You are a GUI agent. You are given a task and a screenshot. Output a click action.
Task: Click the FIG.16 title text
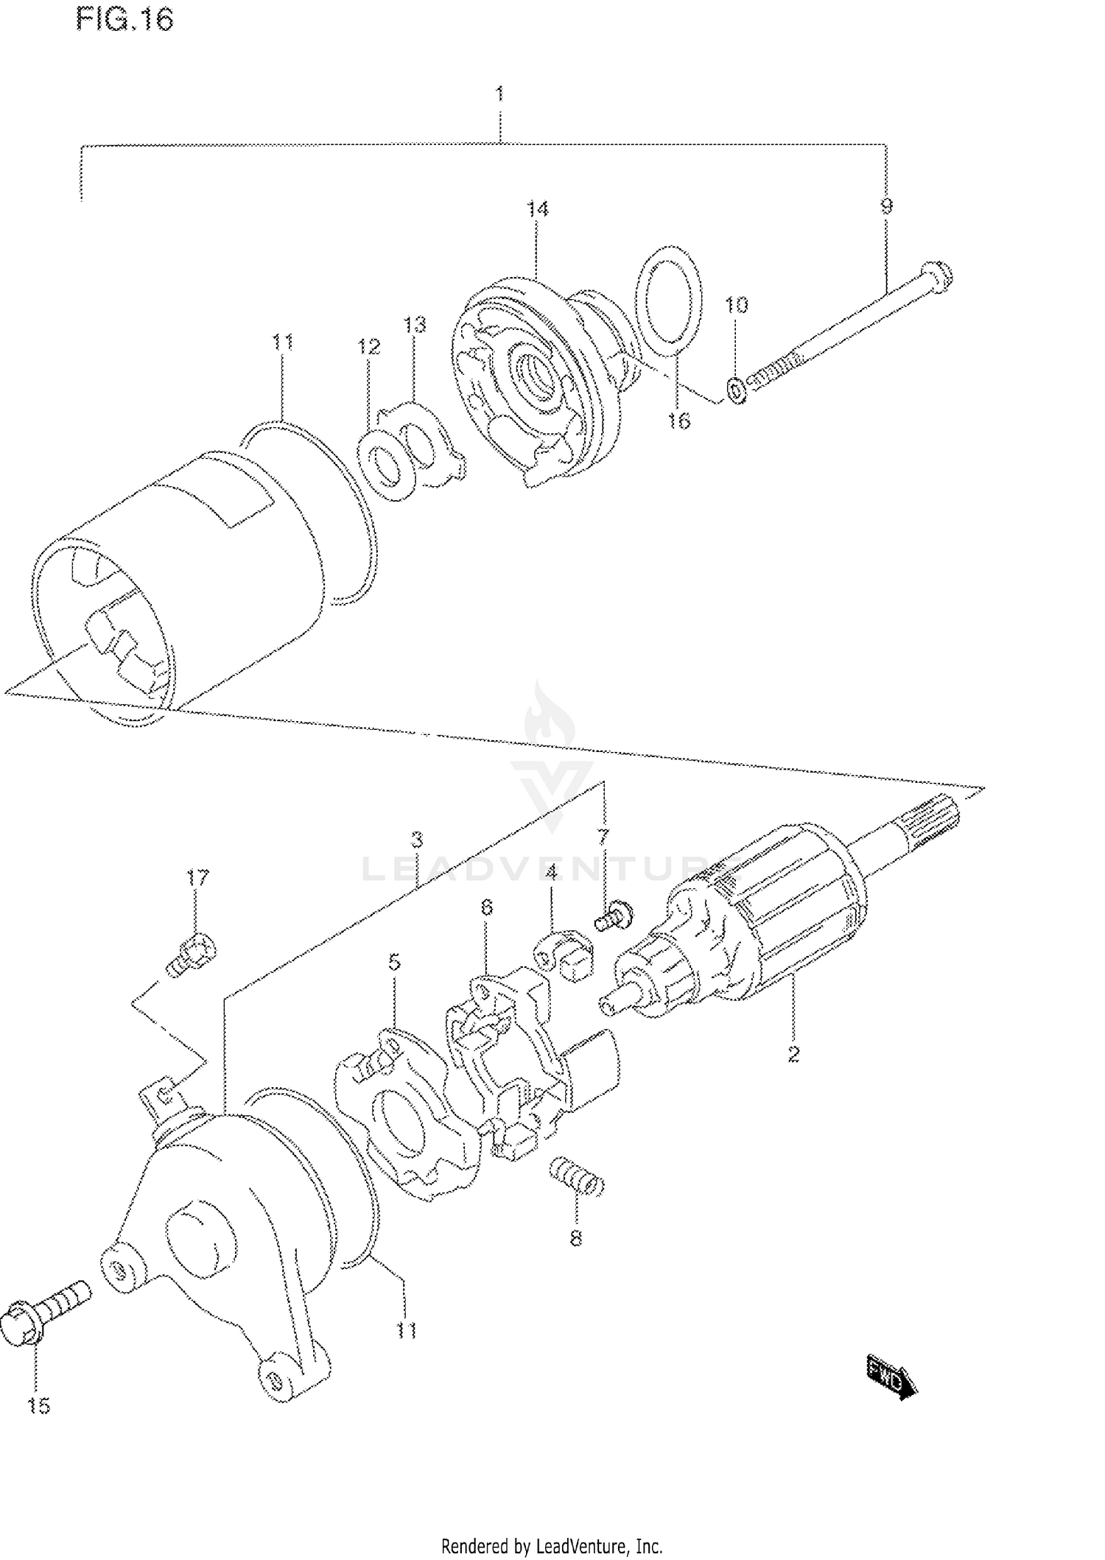tap(124, 21)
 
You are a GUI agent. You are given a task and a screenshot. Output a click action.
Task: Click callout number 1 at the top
tap(499, 94)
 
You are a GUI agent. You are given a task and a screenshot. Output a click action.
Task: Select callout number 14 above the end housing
tap(537, 209)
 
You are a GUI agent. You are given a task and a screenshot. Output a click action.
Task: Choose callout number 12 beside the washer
tap(369, 346)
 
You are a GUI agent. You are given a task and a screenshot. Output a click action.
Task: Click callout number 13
tap(415, 324)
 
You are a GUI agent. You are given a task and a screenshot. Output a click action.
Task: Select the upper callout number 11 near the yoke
tap(283, 342)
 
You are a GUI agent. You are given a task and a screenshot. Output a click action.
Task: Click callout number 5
tap(394, 962)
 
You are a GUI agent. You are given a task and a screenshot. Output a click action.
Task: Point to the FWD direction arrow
tap(891, 1371)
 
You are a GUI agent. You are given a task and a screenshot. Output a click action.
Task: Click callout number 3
tap(416, 839)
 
